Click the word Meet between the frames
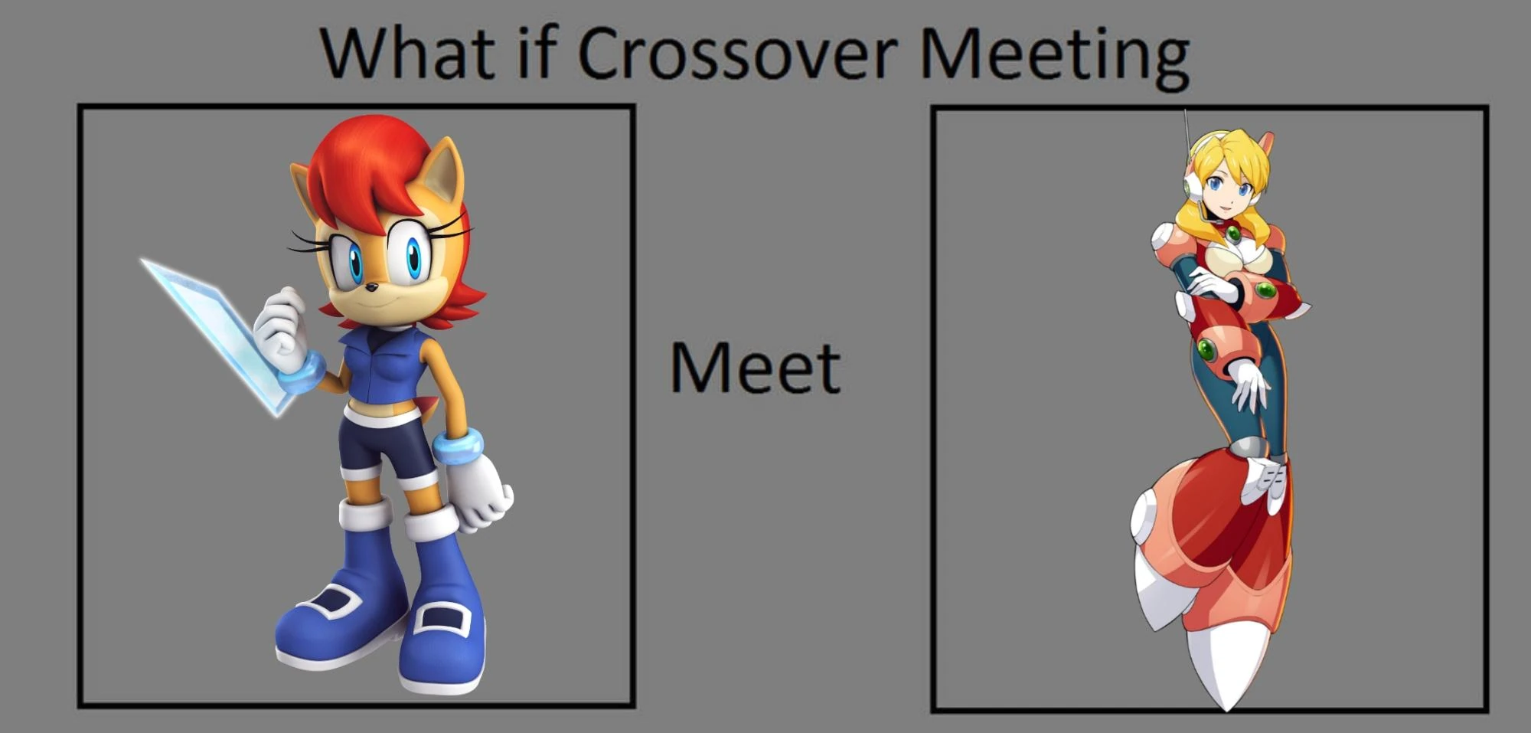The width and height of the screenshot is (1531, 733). (x=755, y=368)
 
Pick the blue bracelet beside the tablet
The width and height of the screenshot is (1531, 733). (x=303, y=373)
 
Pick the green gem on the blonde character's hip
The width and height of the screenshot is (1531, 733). (x=1207, y=350)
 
